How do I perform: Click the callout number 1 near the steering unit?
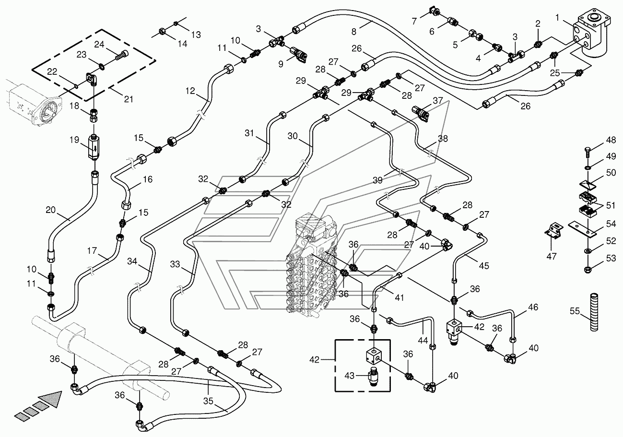click(557, 18)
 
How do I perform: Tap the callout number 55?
click(575, 311)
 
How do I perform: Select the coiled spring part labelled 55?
click(594, 312)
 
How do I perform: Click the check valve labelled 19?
click(94, 147)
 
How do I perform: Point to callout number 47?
click(552, 256)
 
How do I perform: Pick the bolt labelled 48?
click(588, 152)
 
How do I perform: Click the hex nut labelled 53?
click(588, 269)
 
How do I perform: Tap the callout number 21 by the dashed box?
click(129, 99)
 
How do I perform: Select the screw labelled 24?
click(122, 57)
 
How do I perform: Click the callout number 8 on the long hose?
click(353, 32)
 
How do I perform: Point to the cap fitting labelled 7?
click(435, 11)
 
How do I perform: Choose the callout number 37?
click(437, 100)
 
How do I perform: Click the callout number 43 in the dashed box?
click(349, 376)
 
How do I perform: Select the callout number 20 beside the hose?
click(51, 210)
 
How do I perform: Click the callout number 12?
click(190, 91)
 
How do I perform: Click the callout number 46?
click(533, 307)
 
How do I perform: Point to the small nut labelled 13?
click(176, 24)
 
